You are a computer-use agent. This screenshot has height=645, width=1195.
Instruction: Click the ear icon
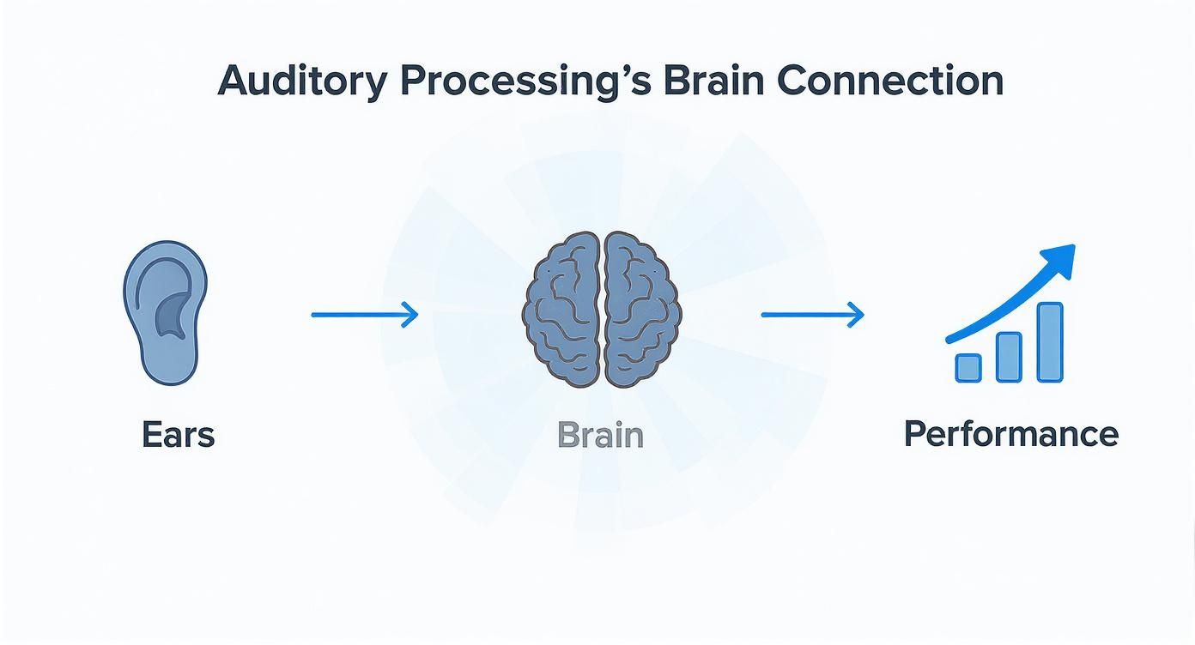pos(165,312)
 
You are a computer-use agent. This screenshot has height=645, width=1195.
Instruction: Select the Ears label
pos(178,435)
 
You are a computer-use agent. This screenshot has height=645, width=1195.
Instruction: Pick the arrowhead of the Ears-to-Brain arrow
pos(411,315)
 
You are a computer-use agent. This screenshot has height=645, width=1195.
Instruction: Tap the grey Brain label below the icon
pos(600,435)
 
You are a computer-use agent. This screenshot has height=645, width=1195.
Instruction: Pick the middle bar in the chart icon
pos(1009,357)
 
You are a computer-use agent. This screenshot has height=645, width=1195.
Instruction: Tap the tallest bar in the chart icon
pos(1050,342)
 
